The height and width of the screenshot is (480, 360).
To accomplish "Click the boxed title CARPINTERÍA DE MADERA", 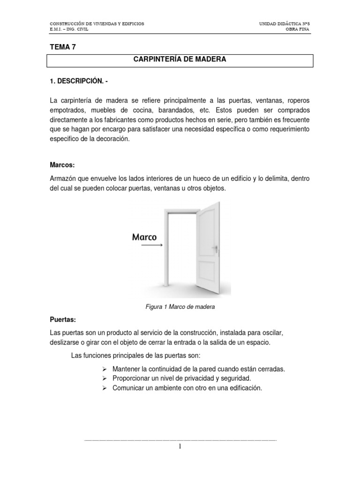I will (x=180, y=60).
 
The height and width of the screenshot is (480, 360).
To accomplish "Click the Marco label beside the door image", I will (x=144, y=237).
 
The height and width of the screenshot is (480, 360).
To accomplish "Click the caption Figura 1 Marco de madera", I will (x=180, y=307).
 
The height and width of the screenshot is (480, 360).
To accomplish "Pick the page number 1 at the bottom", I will (x=180, y=447).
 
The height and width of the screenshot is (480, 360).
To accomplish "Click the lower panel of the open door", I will (x=207, y=272).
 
